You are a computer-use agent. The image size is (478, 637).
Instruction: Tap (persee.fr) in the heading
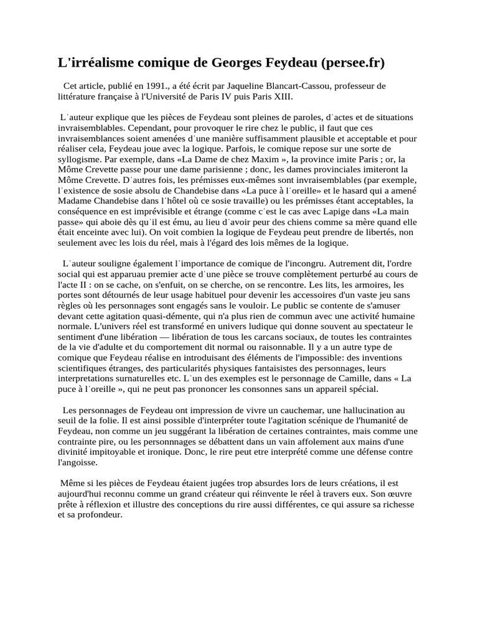point(353,63)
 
